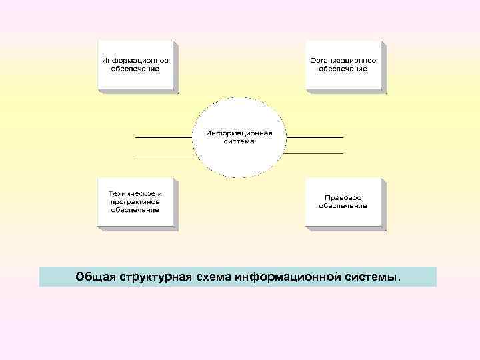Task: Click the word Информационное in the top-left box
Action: (x=135, y=60)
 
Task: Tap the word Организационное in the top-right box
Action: (x=343, y=60)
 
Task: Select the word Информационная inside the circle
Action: (x=239, y=133)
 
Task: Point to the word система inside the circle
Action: (x=239, y=141)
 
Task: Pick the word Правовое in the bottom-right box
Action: (x=343, y=197)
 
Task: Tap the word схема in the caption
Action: (x=215, y=277)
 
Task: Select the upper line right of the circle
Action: (x=315, y=137)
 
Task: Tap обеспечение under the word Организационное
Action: (x=343, y=69)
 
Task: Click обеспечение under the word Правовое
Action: (x=343, y=206)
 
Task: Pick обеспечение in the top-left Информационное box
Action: (x=135, y=69)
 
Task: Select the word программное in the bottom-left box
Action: (x=135, y=201)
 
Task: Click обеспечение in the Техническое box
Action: (x=135, y=210)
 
